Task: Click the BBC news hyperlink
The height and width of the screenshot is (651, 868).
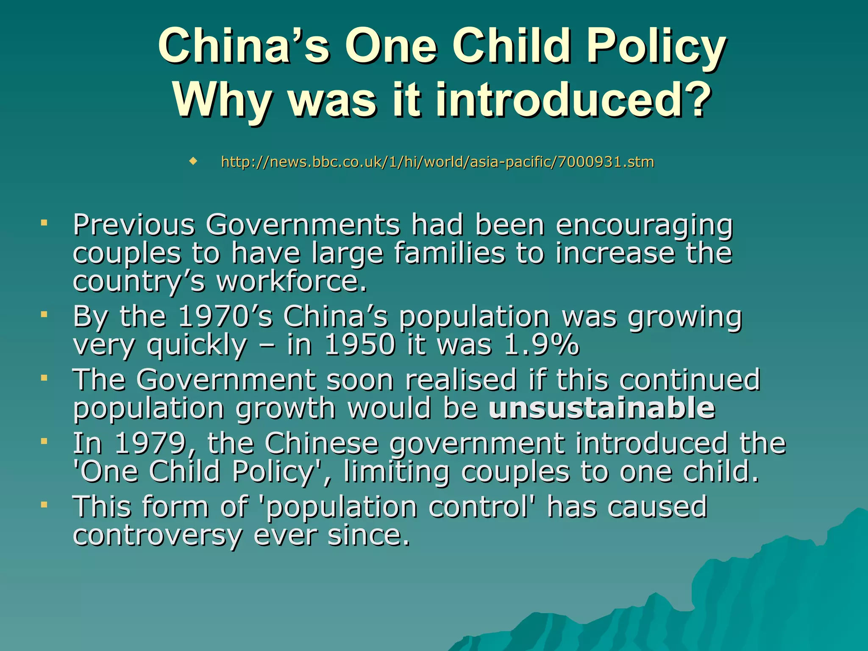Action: coord(437,162)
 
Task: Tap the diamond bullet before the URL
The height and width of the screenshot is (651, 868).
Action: coord(193,161)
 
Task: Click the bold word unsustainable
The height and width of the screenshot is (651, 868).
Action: coord(602,408)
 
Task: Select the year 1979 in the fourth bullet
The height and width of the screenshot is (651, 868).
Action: coord(150,443)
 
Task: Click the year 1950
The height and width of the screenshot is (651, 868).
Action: coord(359,345)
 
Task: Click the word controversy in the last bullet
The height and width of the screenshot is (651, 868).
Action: coord(157,535)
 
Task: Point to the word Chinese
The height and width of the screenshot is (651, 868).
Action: coord(321,443)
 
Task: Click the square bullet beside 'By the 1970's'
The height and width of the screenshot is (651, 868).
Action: coord(44,314)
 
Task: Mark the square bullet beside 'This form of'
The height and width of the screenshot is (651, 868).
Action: coord(44,505)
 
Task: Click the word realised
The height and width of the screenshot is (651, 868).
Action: coord(461,380)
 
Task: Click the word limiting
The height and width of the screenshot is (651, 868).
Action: coord(397,472)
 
